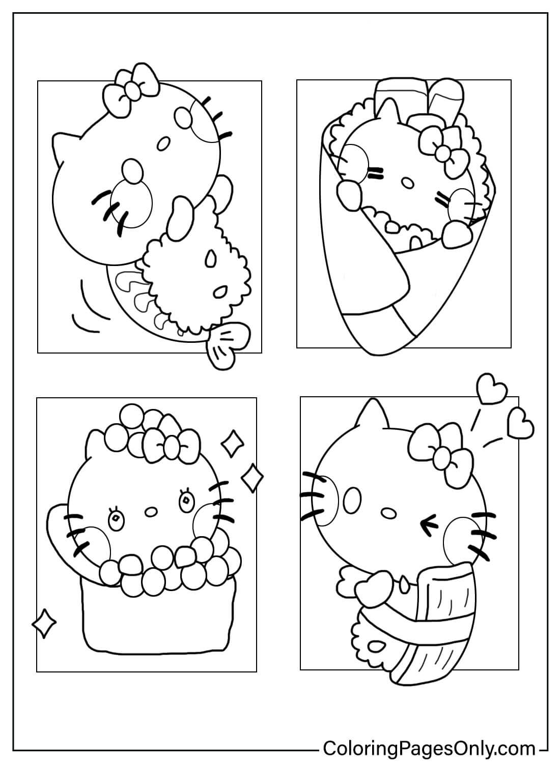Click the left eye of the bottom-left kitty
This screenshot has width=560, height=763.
coord(117,518)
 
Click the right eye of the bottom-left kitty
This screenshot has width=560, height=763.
coord(186,501)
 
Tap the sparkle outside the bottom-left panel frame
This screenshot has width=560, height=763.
coord(44,623)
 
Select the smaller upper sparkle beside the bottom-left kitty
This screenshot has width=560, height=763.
coord(232,442)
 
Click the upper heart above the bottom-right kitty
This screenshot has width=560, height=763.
coord(492,390)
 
